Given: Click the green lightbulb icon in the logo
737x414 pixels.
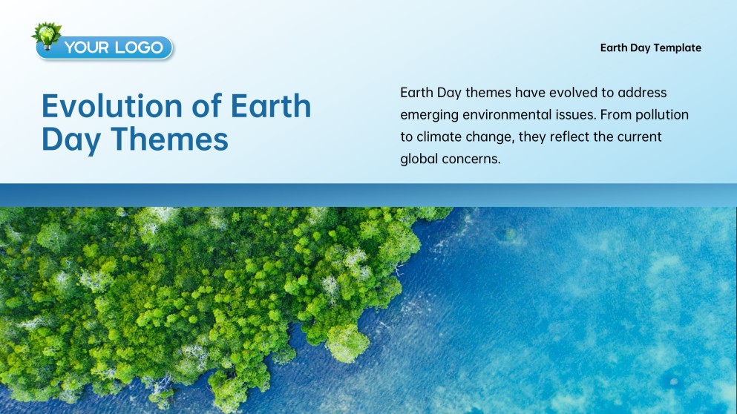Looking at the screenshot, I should [46, 35].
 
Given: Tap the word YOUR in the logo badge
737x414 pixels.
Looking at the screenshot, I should [87, 48].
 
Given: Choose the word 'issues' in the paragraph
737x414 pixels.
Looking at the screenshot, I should [575, 115].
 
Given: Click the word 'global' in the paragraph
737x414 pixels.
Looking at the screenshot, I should [419, 160].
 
